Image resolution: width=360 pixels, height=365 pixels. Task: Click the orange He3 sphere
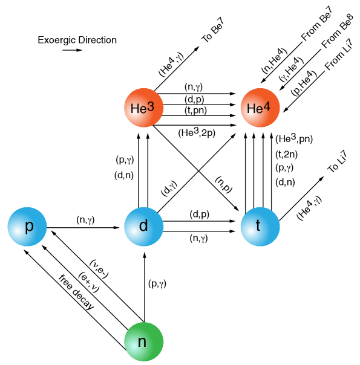click(144, 108)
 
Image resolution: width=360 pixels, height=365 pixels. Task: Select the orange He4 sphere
click(260, 108)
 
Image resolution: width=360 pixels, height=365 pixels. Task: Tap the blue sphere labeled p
click(27, 227)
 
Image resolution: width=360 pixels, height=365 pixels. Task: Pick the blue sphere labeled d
click(144, 227)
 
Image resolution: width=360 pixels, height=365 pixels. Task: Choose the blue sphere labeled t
click(260, 227)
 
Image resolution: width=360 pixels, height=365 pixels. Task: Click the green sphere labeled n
click(144, 341)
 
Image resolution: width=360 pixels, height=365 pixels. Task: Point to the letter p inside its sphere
click(28, 227)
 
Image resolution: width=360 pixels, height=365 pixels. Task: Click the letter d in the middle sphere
click(143, 225)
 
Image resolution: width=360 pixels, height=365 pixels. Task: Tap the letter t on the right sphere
click(258, 225)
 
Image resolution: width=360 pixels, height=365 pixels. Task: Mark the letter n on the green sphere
click(142, 342)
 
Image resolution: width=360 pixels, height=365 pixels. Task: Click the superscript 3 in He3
click(151, 106)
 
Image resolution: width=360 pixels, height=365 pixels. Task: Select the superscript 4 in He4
click(267, 106)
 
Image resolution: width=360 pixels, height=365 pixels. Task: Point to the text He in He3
click(138, 109)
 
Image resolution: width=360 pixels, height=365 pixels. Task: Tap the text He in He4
click(255, 109)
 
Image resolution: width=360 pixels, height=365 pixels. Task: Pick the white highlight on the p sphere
click(17, 236)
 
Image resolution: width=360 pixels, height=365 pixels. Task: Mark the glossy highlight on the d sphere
click(134, 236)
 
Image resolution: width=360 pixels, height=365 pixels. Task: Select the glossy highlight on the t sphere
click(250, 236)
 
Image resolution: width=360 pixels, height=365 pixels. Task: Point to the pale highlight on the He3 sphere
click(134, 118)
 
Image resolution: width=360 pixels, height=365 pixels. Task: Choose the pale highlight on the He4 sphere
click(250, 118)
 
